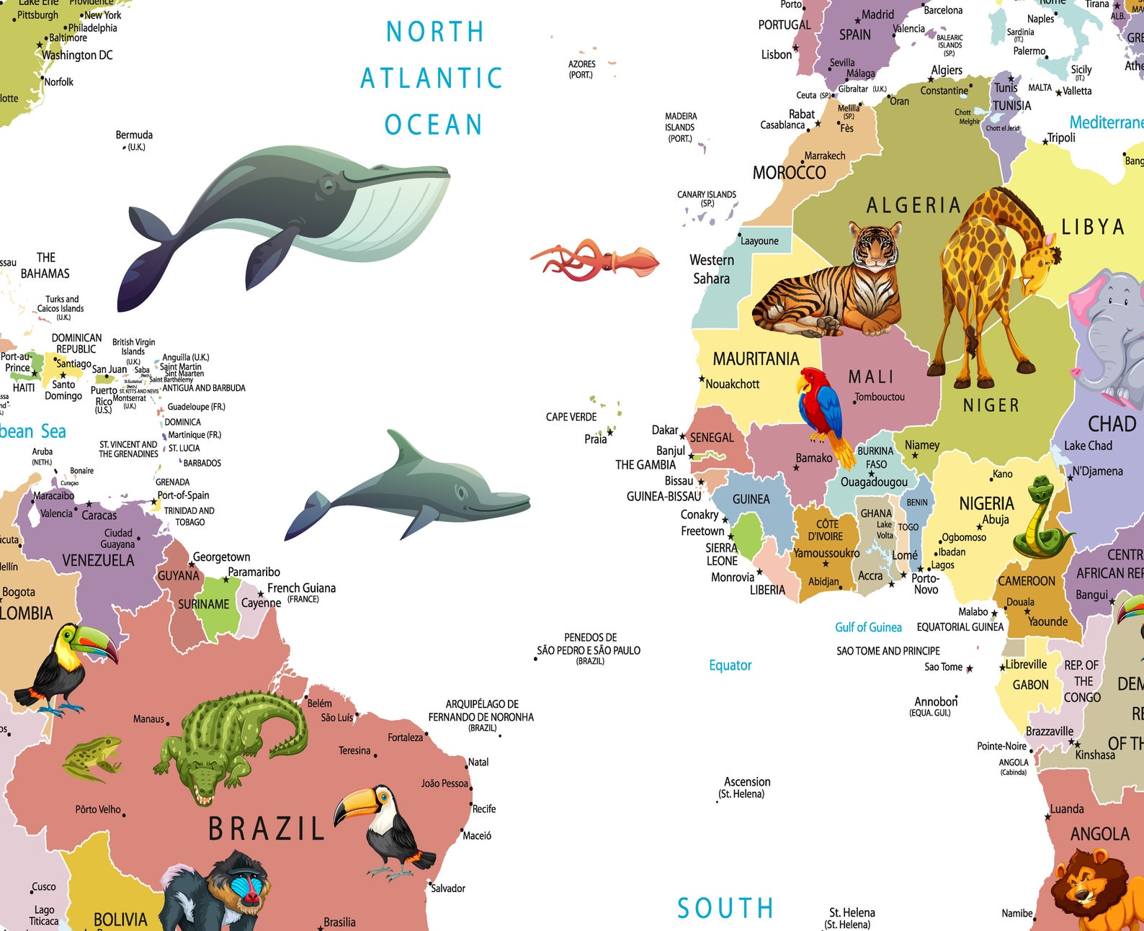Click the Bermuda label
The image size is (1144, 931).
coord(134,135)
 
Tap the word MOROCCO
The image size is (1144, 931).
coord(789,173)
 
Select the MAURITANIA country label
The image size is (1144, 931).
coord(756,359)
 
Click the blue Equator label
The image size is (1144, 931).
coord(730,665)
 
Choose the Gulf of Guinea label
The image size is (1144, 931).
coord(868,627)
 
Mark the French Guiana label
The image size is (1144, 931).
coord(301,588)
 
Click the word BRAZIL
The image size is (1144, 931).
coord(266,829)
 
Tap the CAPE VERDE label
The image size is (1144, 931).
coord(571,417)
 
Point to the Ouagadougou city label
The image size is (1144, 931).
coord(874,482)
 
